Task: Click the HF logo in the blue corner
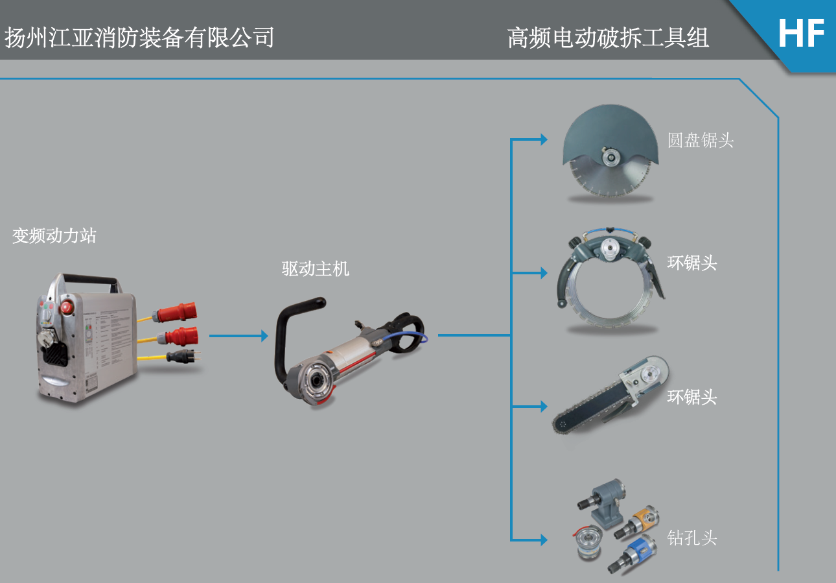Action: [x=801, y=34]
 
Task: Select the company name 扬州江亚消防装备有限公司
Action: [x=139, y=38]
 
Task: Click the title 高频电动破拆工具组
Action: [x=608, y=38]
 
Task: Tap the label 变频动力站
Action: [x=54, y=235]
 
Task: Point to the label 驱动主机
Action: [x=315, y=268]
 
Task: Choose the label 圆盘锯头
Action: [x=701, y=140]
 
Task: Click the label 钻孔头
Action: [x=692, y=538]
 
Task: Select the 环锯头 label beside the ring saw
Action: [x=692, y=263]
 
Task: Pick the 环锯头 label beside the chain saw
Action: [x=692, y=396]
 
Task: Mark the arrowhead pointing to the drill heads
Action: [x=543, y=539]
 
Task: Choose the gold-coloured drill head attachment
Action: [x=641, y=519]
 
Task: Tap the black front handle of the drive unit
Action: [x=286, y=337]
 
